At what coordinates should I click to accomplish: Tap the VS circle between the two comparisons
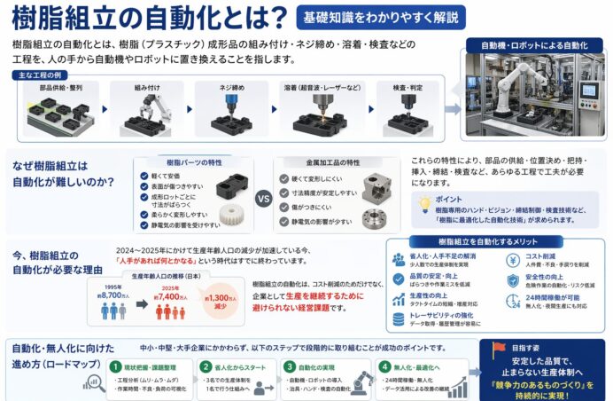pyautogui.click(x=263, y=199)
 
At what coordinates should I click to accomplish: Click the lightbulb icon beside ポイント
pyautogui.click(x=426, y=203)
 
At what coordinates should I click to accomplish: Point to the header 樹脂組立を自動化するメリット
pyautogui.click(x=492, y=242)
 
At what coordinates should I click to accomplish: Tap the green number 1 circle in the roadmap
pyautogui.click(x=114, y=366)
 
